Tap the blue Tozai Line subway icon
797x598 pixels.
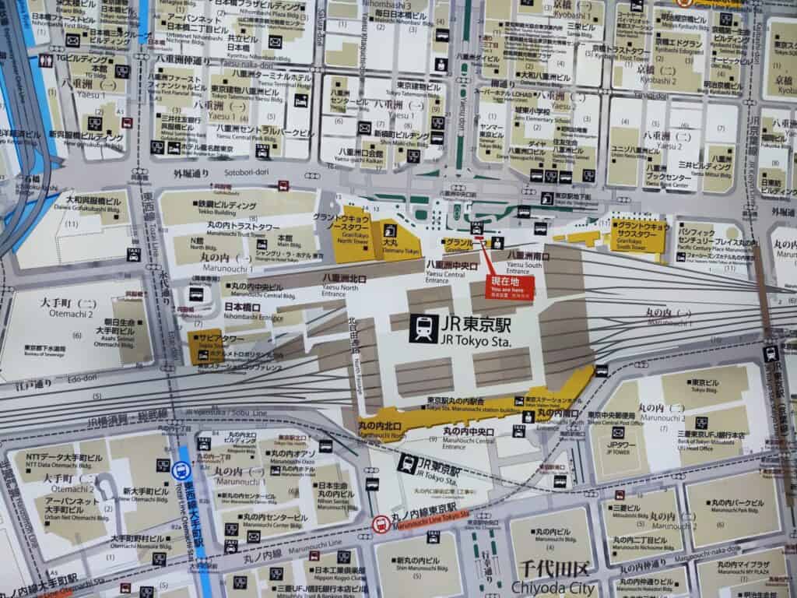click(181, 469)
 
